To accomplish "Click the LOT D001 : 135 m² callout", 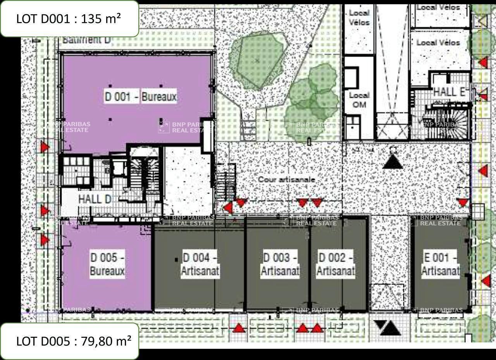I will [69, 19].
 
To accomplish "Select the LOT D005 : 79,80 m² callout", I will [69, 341].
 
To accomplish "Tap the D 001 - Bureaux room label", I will [141, 96].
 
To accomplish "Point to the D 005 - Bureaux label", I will [107, 264].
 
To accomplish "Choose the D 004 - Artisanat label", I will [200, 264].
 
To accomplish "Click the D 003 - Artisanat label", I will [280, 264].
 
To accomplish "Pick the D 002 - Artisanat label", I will [336, 264].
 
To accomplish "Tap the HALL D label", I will [95, 199].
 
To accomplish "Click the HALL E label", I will [449, 92].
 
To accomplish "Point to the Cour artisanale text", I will [286, 180].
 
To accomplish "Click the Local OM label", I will [359, 100].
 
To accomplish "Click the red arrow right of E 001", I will [486, 281].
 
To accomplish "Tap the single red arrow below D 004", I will [239, 328].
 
